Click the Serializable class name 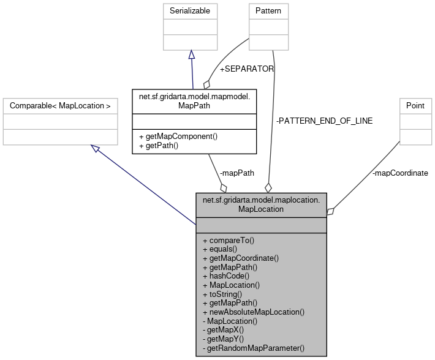click(x=191, y=11)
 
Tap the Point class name click(x=415, y=105)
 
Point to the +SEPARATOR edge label click(x=246, y=69)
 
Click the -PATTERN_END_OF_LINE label click(x=324, y=121)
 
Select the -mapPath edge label click(x=236, y=173)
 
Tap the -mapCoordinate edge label click(x=400, y=173)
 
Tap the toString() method click(x=223, y=294)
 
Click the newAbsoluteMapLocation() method click(x=253, y=312)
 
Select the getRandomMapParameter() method click(x=253, y=348)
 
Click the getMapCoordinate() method click(x=240, y=258)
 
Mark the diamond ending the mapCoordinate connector click(x=331, y=211)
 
